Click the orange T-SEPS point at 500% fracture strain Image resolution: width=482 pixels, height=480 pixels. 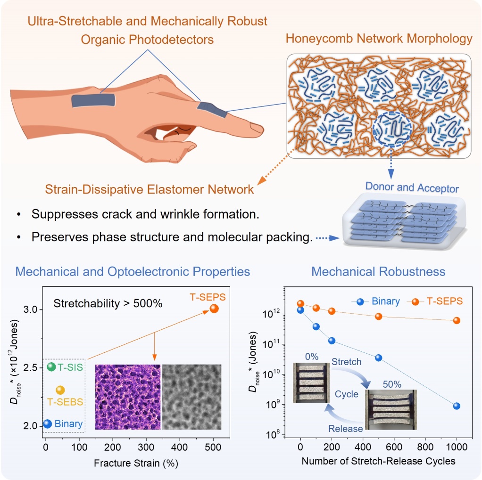pos(214,309)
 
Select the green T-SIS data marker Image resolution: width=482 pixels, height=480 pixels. pos(51,366)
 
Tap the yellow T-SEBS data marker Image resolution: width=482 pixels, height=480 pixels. pos(60,390)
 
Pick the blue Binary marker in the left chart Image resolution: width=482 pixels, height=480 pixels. pos(47,424)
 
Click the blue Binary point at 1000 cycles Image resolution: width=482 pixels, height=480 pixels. pos(457,406)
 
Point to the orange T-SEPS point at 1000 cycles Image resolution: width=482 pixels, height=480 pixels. pos(457,320)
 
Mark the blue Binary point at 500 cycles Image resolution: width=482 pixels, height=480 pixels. pos(378,358)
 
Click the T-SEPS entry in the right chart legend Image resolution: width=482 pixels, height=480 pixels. pos(435,301)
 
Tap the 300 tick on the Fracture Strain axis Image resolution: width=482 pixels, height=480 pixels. pos(146,447)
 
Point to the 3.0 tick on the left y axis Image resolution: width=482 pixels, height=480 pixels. pos(31,309)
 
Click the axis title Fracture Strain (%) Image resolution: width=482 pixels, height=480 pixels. pos(136,463)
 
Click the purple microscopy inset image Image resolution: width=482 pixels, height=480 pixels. pos(128,397)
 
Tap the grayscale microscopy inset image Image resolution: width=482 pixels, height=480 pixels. pos(191,397)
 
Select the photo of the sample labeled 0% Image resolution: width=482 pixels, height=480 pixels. pos(311,382)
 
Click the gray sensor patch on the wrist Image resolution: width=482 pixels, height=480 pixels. pos(93,100)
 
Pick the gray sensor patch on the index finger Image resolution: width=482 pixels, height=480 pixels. pos(212,110)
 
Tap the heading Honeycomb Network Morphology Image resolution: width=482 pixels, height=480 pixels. pos(379,39)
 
